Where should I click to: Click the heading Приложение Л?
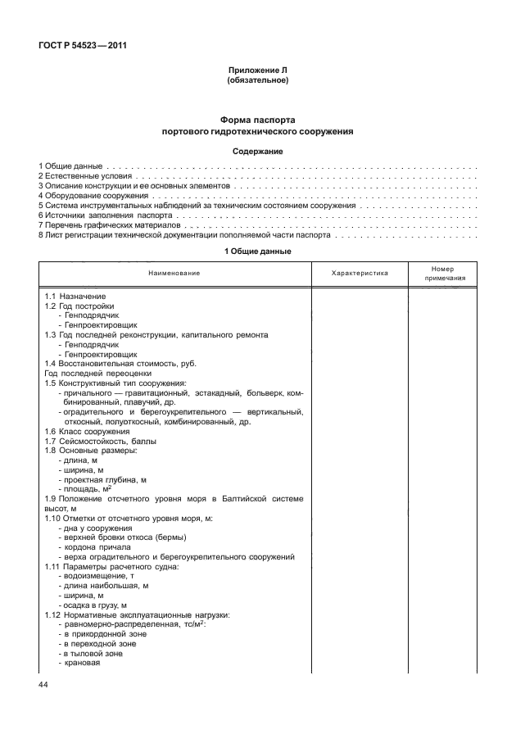tap(257, 71)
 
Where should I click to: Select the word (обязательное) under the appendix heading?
tap(257, 80)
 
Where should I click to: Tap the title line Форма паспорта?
tap(257, 120)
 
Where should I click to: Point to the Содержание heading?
tap(257, 152)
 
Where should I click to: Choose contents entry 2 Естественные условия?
tap(84, 176)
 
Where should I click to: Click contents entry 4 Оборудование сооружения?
tap(93, 196)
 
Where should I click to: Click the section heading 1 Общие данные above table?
tap(257, 251)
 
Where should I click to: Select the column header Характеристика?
tap(360, 272)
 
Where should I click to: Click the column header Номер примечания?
tap(445, 273)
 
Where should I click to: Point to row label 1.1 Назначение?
tap(75, 296)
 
